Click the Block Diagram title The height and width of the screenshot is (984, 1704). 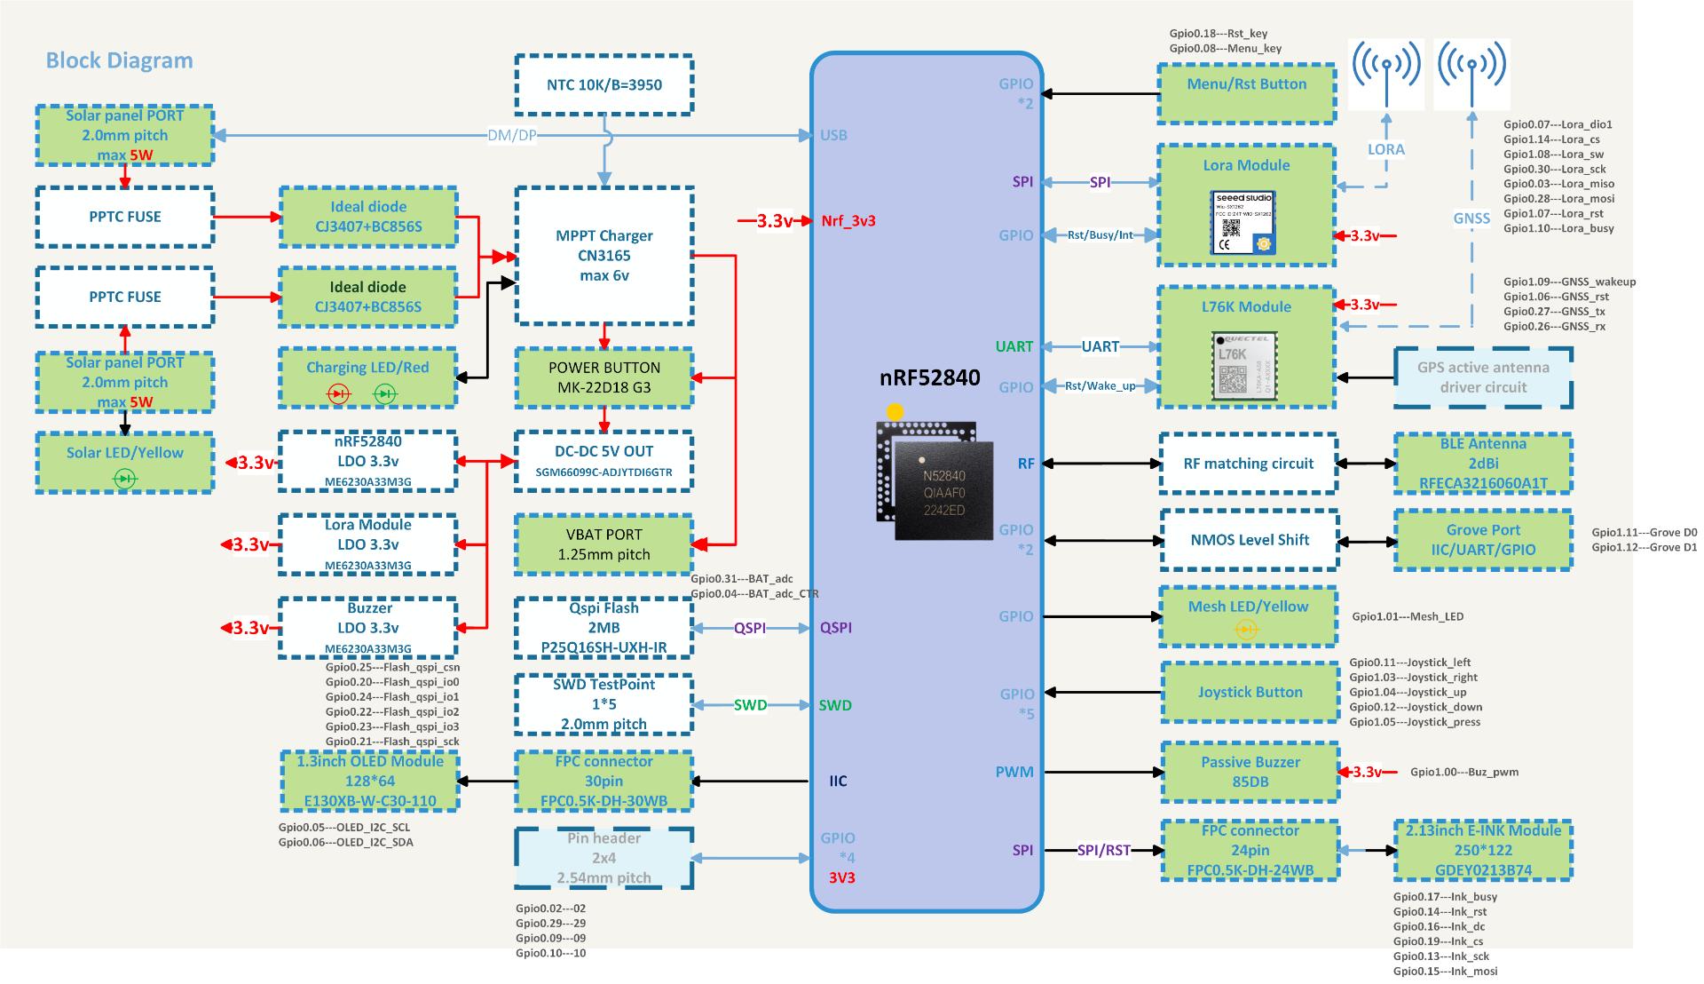pyautogui.click(x=119, y=60)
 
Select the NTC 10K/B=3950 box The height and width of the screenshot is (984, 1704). pyautogui.click(x=603, y=85)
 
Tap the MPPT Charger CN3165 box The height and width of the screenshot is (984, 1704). pyautogui.click(x=603, y=256)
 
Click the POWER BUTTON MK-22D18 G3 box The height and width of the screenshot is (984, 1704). pyautogui.click(x=603, y=377)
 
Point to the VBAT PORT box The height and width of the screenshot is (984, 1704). pyautogui.click(x=603, y=544)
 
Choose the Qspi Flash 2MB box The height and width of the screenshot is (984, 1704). pyautogui.click(x=603, y=628)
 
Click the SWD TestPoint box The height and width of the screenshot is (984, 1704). pyautogui.click(x=603, y=704)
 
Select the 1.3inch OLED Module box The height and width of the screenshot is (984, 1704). pyautogui.click(x=370, y=782)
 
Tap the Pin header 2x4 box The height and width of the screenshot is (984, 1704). pyautogui.click(x=603, y=858)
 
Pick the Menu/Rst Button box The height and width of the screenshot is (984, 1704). pyautogui.click(x=1246, y=92)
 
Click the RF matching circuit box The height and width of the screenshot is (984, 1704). pyautogui.click(x=1248, y=464)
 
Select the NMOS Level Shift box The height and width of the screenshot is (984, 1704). pyautogui.click(x=1250, y=540)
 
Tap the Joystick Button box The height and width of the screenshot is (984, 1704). pyautogui.click(x=1250, y=693)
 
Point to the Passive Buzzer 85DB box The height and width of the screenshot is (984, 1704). pyautogui.click(x=1250, y=773)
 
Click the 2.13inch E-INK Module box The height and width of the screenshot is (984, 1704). pyautogui.click(x=1482, y=851)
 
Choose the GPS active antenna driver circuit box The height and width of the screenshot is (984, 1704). pyautogui.click(x=1482, y=377)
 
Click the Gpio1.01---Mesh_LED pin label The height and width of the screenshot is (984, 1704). pyautogui.click(x=1408, y=616)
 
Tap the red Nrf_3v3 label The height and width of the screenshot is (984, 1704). pyautogui.click(x=848, y=221)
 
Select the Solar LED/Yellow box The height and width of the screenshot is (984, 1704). pyautogui.click(x=124, y=462)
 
